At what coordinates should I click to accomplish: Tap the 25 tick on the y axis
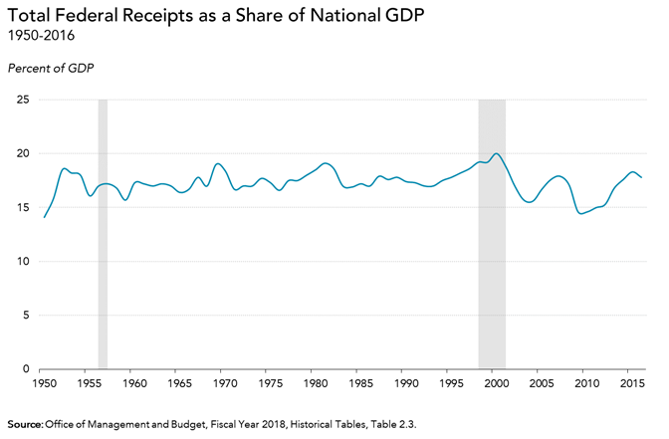pos(23,101)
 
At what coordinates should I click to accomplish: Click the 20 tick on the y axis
pos(23,154)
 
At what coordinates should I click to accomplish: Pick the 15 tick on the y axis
pos(23,208)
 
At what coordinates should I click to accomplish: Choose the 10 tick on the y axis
pos(23,262)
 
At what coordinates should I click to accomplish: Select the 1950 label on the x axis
pos(43,383)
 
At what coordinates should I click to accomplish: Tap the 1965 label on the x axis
pos(178,383)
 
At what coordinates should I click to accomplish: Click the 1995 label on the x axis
pos(450,383)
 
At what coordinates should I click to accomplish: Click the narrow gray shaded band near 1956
pos(103,234)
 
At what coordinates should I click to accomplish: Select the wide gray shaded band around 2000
pos(492,234)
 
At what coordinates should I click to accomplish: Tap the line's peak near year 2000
pos(496,153)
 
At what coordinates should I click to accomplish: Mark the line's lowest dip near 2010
pos(582,214)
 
